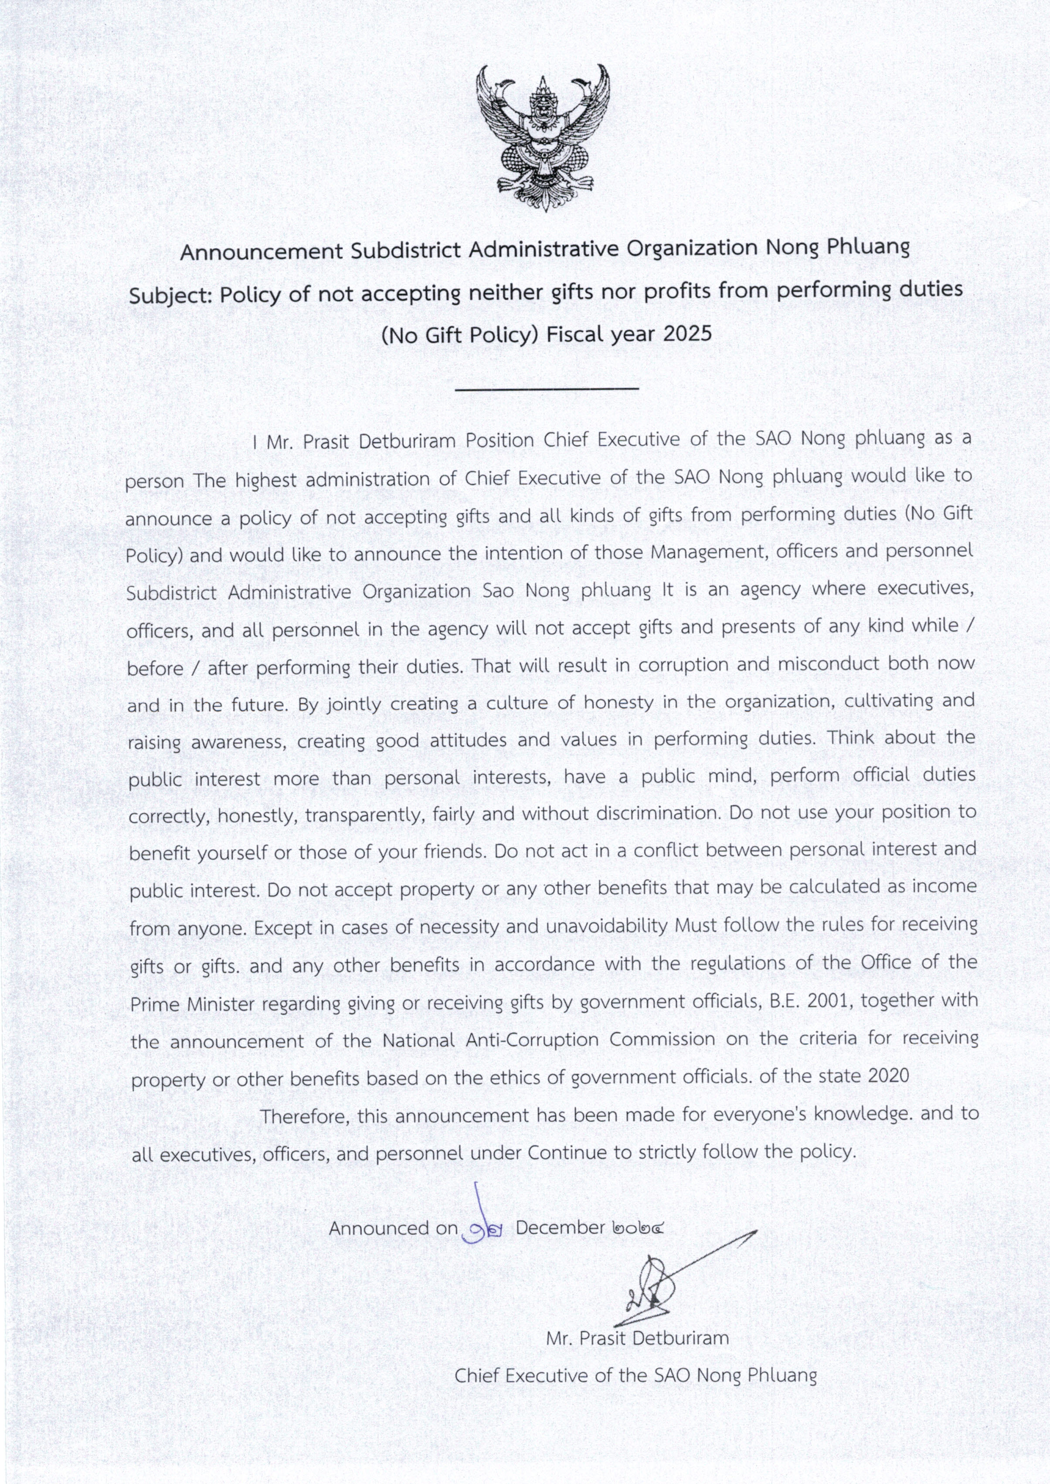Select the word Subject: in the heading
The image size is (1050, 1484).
[x=171, y=296]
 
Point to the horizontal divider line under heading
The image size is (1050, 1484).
[x=547, y=389]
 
